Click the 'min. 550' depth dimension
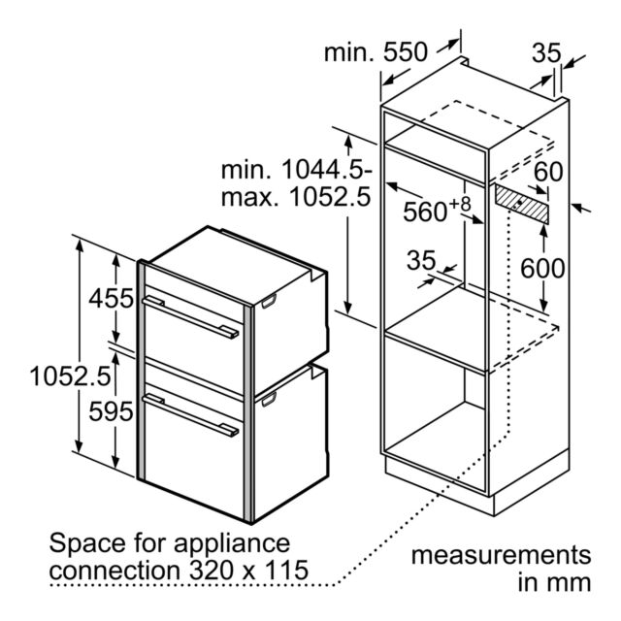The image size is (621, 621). tap(376, 52)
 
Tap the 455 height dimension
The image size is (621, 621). tap(112, 298)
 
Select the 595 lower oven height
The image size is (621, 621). tap(111, 411)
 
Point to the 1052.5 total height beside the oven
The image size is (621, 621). tap(70, 376)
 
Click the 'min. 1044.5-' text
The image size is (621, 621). tap(297, 170)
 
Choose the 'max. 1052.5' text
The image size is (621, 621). tap(296, 197)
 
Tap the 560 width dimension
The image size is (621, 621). tap(425, 212)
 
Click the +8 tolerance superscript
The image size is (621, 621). tap(460, 204)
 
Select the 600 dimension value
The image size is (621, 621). tap(542, 268)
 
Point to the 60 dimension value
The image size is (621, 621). tap(548, 172)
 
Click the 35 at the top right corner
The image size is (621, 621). tap(546, 52)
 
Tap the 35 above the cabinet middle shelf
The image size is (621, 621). tap(421, 260)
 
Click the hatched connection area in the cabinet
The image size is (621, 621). tap(522, 204)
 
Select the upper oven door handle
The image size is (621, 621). tap(191, 317)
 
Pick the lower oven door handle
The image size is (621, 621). tap(191, 415)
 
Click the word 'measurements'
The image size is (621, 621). tap(501, 555)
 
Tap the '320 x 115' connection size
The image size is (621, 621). tap(248, 570)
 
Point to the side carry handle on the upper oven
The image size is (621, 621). tap(269, 301)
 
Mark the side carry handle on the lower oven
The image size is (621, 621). tap(269, 399)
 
